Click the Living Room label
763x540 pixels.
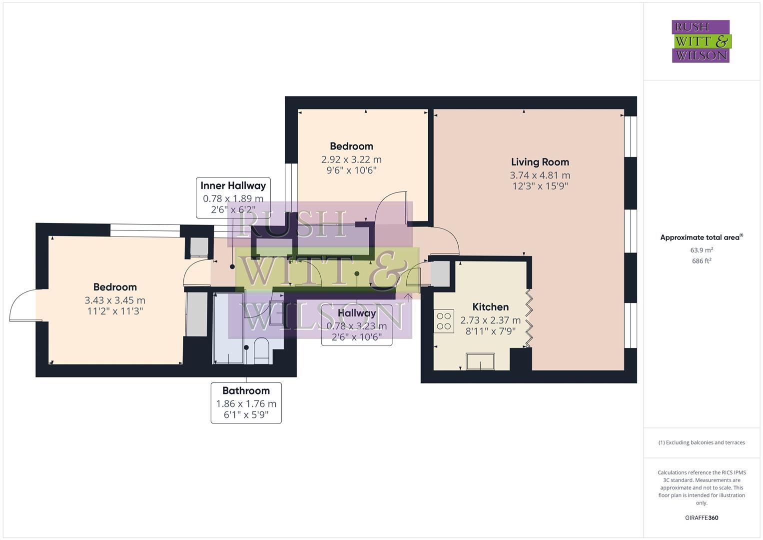coord(540,162)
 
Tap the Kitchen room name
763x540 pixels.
coord(490,307)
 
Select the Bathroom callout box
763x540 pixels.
coord(246,402)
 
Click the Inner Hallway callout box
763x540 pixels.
coord(233,197)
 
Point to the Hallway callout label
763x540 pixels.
coord(356,324)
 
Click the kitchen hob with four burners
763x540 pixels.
coord(444,321)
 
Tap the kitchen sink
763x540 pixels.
coord(480,361)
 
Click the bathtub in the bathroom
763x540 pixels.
coord(228,328)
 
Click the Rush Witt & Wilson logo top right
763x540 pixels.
coord(701,41)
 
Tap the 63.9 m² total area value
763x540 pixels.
coord(701,250)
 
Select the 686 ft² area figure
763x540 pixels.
coord(701,261)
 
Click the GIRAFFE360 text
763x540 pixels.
coord(701,517)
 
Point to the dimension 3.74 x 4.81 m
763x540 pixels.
coord(540,175)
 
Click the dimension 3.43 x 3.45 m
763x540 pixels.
coord(115,300)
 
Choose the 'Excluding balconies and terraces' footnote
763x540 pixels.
coord(701,442)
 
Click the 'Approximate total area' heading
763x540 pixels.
coord(701,237)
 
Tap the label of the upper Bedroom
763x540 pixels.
coord(351,146)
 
